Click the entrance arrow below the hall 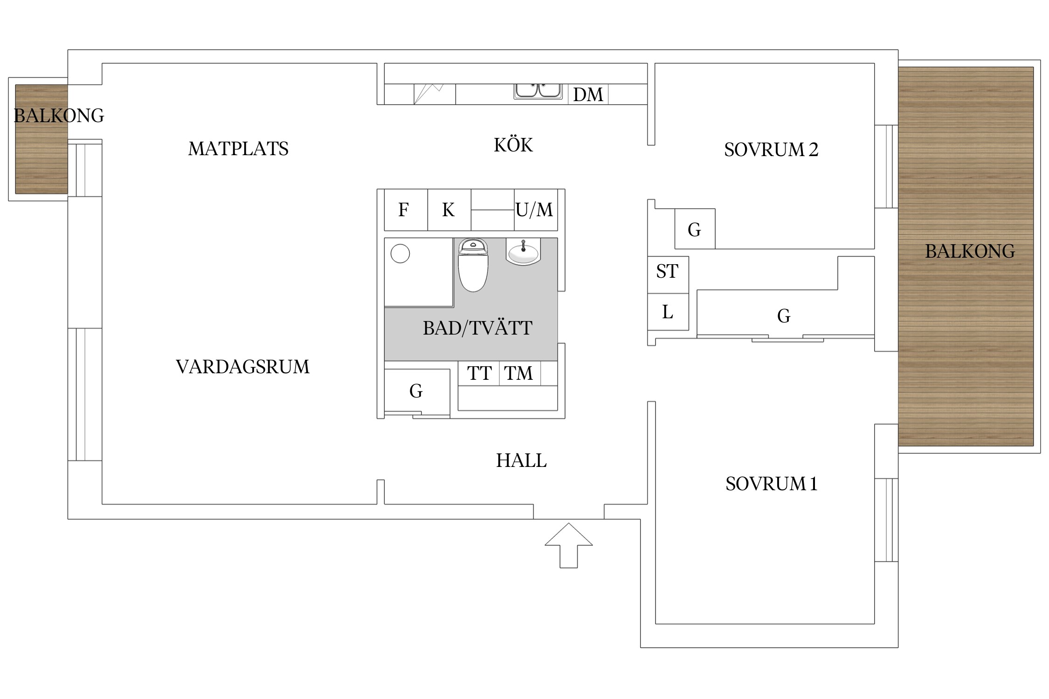(x=568, y=545)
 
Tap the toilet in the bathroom (x=473, y=265)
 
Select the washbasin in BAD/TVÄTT (x=523, y=252)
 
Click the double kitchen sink (x=538, y=91)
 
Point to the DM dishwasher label (x=588, y=95)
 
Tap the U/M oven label (x=534, y=210)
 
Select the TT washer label (x=479, y=373)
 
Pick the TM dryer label (x=518, y=373)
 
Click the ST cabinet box (x=668, y=275)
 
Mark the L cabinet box (x=668, y=312)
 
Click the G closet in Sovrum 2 (x=695, y=229)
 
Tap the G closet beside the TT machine (x=417, y=391)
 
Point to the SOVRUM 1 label (x=772, y=484)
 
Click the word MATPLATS (x=238, y=149)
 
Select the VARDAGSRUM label (x=242, y=367)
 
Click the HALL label (x=521, y=460)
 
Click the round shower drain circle (x=400, y=254)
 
